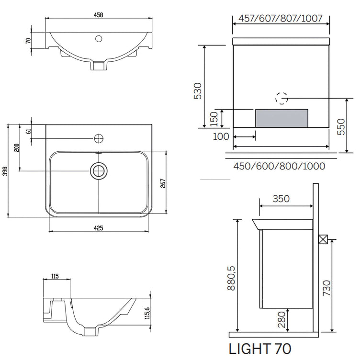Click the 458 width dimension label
[99, 15]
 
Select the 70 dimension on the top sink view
[28, 41]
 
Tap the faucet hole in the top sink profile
[99, 39]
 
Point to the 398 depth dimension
[5, 171]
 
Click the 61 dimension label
[28, 131]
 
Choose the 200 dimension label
[17, 147]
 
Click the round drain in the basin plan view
[99, 171]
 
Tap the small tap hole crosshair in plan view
[99, 138]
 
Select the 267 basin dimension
[163, 183]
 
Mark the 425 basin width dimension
[99, 228]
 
